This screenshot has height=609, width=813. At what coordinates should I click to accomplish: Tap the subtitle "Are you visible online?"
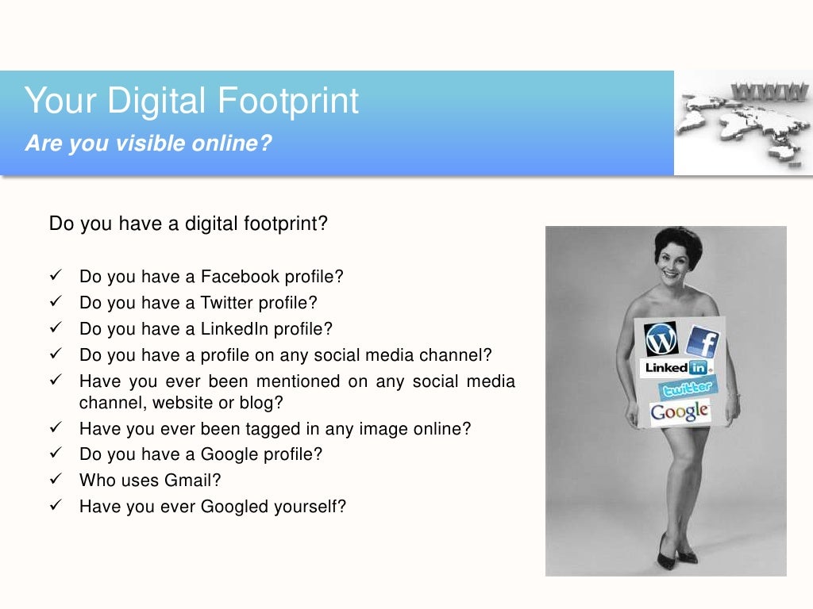tap(148, 144)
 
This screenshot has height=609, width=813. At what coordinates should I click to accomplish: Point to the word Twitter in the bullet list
tap(227, 302)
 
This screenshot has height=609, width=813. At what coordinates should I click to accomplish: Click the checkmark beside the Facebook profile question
tap(56, 277)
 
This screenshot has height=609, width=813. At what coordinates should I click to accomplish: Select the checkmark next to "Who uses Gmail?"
tap(56, 480)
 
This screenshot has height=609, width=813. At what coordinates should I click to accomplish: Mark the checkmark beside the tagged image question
tap(56, 429)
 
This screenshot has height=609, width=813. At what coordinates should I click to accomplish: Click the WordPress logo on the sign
tap(661, 339)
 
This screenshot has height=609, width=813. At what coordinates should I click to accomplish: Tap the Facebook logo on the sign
tap(703, 342)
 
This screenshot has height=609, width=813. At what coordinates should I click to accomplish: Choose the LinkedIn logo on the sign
tap(676, 368)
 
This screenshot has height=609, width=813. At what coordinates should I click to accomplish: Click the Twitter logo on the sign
tap(688, 389)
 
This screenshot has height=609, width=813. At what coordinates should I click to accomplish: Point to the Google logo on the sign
tap(680, 412)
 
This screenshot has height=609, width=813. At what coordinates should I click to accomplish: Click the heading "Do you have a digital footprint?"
tap(188, 224)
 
